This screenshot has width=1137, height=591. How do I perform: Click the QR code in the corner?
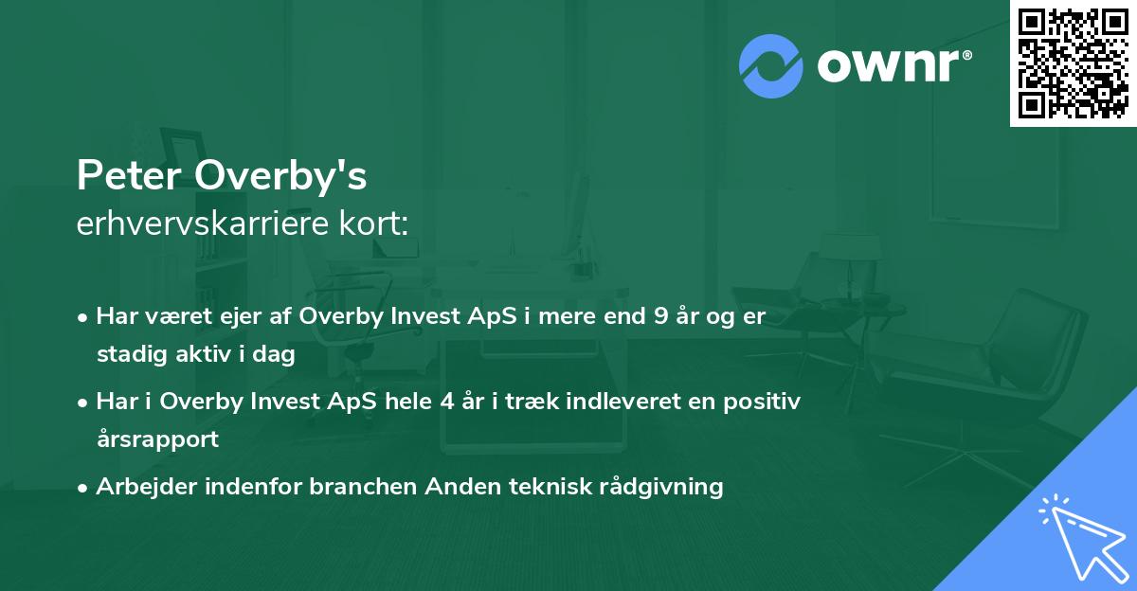tap(1073, 63)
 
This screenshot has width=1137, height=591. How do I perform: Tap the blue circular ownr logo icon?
tap(771, 66)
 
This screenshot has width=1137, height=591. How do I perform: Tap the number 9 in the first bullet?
tap(659, 316)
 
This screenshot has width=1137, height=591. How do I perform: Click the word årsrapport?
tap(157, 439)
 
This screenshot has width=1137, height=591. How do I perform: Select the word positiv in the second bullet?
tap(767, 401)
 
